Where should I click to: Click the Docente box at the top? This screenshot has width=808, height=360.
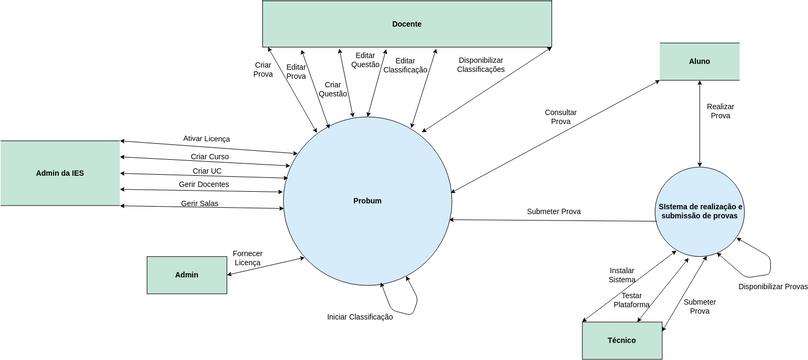click(406, 23)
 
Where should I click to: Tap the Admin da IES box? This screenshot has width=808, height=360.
click(60, 173)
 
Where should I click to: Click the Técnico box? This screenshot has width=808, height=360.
click(621, 339)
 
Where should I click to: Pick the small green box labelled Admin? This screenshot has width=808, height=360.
click(186, 274)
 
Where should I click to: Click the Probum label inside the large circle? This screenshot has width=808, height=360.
click(367, 201)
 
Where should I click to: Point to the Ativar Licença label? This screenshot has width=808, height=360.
click(206, 138)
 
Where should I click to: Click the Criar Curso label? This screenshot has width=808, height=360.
click(210, 156)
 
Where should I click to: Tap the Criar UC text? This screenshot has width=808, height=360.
click(207, 171)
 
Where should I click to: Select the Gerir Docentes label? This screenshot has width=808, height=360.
click(204, 185)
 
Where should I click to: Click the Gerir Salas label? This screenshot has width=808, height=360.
click(200, 203)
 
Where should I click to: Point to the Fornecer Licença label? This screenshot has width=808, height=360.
click(247, 258)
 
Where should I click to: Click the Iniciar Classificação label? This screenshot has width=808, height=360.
click(360, 317)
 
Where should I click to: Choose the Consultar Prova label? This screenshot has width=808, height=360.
click(561, 116)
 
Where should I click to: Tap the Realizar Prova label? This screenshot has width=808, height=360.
click(719, 110)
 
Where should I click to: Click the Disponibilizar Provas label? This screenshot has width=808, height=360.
click(773, 287)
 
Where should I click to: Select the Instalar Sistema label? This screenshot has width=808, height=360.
click(621, 275)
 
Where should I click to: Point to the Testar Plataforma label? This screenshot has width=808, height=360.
click(631, 300)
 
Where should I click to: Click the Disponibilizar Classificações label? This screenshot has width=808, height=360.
click(481, 65)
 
